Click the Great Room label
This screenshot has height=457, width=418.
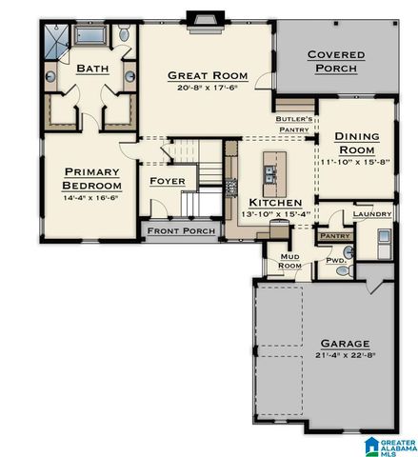[x=208, y=74]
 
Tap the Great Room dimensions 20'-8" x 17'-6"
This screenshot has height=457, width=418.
[x=208, y=88]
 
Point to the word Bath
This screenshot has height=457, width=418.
[x=92, y=69]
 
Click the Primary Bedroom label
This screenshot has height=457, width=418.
[x=92, y=178]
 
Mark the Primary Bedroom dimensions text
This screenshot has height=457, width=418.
[x=92, y=198]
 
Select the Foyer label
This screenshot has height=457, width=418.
[x=168, y=181]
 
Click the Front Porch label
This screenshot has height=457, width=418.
[x=182, y=229]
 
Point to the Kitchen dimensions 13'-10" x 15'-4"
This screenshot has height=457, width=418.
[x=275, y=215]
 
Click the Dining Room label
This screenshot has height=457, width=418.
[x=357, y=143]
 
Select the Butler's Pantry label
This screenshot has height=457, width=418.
[x=295, y=125]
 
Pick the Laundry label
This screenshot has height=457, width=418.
[x=371, y=214]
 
